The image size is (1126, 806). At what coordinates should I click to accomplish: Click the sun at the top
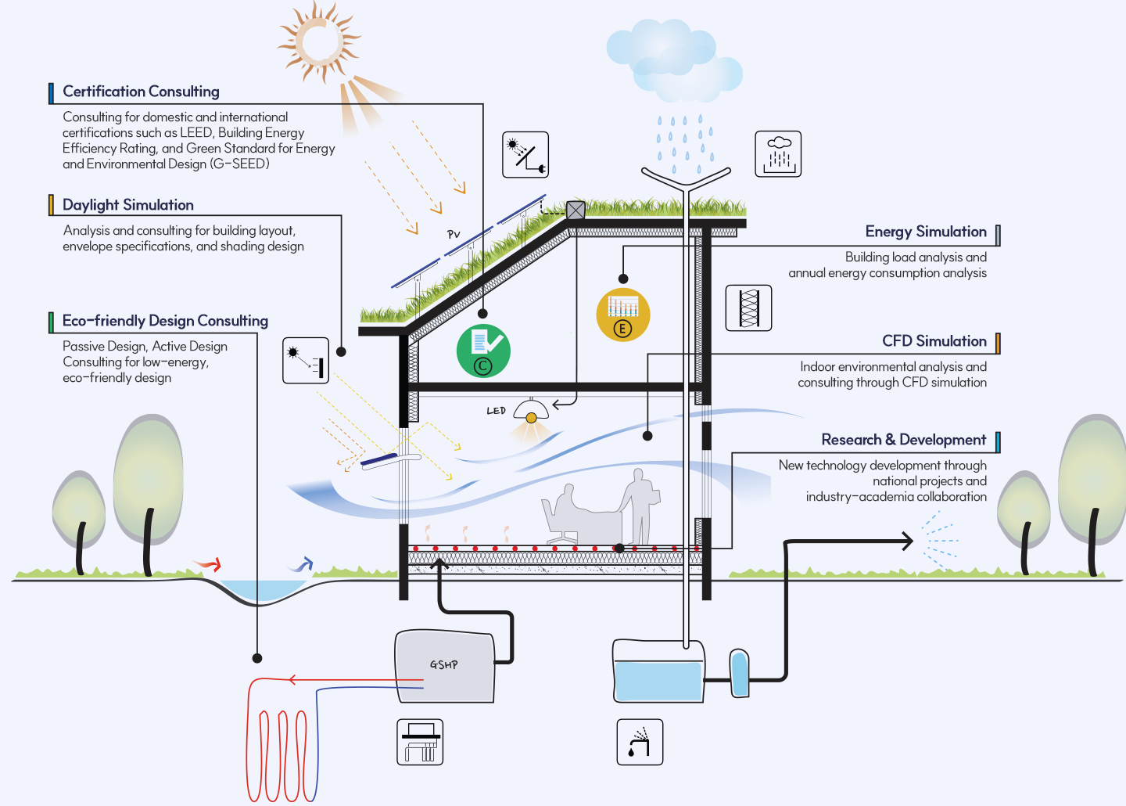coord(319,41)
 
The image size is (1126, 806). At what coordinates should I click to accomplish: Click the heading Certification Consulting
coord(141,92)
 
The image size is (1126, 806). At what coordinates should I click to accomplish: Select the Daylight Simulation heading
coord(128,205)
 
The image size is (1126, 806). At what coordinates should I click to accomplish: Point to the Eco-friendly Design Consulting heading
coord(165,321)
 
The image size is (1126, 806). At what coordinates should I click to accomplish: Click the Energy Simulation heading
coord(926,232)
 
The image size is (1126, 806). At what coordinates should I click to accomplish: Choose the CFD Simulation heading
coord(934,341)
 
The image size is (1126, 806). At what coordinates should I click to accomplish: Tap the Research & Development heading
coord(903,440)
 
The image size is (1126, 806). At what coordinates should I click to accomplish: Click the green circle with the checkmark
coord(483,351)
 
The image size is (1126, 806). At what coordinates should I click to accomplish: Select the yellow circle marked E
coord(622,315)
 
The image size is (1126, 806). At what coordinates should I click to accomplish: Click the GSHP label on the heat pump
coord(444,664)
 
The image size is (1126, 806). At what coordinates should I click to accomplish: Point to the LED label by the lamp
coord(496,411)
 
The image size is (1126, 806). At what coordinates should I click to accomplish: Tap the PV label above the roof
coord(454,234)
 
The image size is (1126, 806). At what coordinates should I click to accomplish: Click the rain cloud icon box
coord(778,154)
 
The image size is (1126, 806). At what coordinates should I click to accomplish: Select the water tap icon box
coord(640,742)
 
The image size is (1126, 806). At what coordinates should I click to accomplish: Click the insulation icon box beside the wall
coord(748,308)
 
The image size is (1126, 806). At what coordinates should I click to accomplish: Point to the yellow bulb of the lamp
coord(532,419)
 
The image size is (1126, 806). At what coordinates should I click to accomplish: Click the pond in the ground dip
coord(258,589)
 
